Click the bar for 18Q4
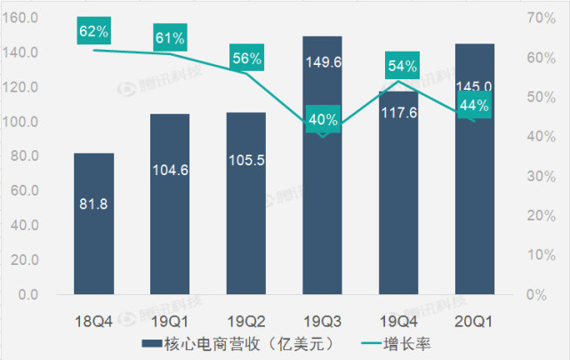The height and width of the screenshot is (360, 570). coord(93,222)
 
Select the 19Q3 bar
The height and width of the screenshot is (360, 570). coord(322,213)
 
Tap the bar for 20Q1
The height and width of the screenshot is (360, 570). coord(475,213)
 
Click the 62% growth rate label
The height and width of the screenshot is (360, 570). coord(93,32)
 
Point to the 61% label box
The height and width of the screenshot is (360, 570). coord(170,37)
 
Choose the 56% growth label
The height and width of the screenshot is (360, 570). coord(246,59)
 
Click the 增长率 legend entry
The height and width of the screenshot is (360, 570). coord(390,342)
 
